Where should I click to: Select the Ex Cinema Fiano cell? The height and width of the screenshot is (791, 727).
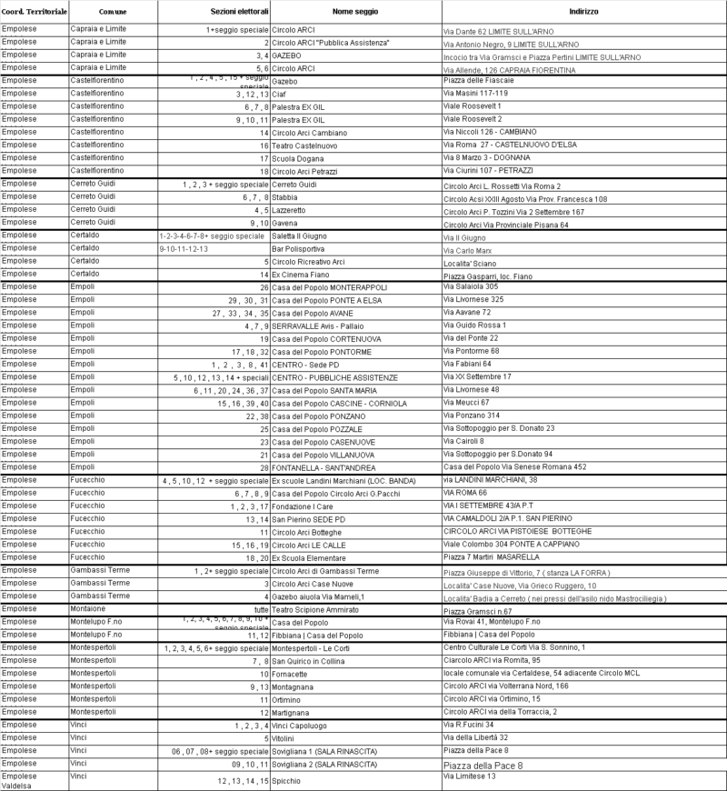tap(300, 274)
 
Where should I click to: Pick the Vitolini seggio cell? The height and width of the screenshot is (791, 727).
tap(285, 737)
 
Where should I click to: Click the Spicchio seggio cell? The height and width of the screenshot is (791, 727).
tap(287, 781)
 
